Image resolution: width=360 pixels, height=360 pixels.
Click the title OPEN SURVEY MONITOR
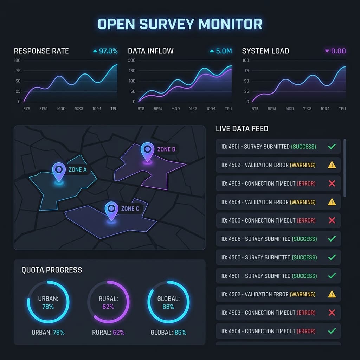[180, 24]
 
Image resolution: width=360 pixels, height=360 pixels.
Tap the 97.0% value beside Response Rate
[108, 51]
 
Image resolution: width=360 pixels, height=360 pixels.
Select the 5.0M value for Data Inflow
[224, 51]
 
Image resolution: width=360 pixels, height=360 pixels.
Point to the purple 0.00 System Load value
[338, 51]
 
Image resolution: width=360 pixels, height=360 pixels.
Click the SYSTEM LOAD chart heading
[265, 51]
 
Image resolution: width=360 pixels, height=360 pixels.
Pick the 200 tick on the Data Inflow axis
[132, 60]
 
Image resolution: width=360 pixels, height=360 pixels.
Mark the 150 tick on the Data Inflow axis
[132, 71]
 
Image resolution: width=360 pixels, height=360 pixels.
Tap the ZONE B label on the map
[166, 149]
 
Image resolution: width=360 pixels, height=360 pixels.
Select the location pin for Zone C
[111, 210]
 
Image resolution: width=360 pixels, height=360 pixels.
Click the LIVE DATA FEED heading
[242, 129]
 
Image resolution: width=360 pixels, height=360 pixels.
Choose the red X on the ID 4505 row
[332, 220]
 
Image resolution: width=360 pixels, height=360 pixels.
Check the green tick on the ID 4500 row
[332, 257]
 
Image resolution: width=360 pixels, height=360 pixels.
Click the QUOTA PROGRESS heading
[52, 270]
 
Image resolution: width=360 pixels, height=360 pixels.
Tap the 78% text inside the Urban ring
[48, 307]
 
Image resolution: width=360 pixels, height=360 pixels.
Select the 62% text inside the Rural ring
[108, 307]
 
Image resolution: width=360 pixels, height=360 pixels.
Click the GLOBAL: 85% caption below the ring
[168, 332]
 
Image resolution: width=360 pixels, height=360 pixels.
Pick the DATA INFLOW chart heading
[150, 51]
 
